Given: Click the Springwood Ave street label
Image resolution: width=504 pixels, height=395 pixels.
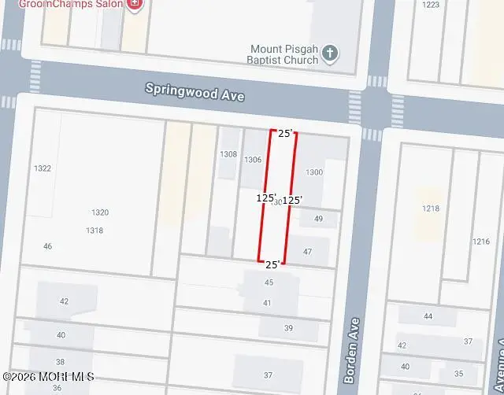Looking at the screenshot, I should [195, 92].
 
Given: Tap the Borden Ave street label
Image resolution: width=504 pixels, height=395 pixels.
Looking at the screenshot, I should [352, 350].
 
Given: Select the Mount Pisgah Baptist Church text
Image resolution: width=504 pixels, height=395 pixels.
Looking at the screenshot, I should [284, 54].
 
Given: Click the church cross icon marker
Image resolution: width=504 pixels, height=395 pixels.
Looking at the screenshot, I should [331, 53].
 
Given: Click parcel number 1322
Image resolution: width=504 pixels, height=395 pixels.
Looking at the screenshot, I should [43, 168].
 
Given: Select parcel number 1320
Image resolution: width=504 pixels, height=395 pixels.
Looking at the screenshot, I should [100, 212].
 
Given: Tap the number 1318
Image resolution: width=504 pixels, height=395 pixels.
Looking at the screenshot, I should [94, 231].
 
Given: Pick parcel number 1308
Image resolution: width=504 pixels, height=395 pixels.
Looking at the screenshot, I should [228, 154].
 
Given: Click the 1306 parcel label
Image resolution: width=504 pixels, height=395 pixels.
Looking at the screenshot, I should [253, 160].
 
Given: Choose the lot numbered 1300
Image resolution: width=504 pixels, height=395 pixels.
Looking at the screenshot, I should [314, 172].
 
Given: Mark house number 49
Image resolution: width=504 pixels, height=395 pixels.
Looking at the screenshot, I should [318, 219].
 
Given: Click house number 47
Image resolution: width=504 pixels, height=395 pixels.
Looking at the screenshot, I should [308, 252].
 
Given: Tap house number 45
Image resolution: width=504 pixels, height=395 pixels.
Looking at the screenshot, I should [269, 282].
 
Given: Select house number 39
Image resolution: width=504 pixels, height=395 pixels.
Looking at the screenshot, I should [288, 328].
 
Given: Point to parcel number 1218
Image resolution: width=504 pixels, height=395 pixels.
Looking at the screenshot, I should [431, 209].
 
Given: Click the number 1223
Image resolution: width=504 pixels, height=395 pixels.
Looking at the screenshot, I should [431, 5].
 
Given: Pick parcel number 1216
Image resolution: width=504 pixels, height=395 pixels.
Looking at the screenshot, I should [481, 242].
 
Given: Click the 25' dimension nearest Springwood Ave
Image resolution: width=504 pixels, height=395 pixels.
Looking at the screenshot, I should [285, 133].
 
